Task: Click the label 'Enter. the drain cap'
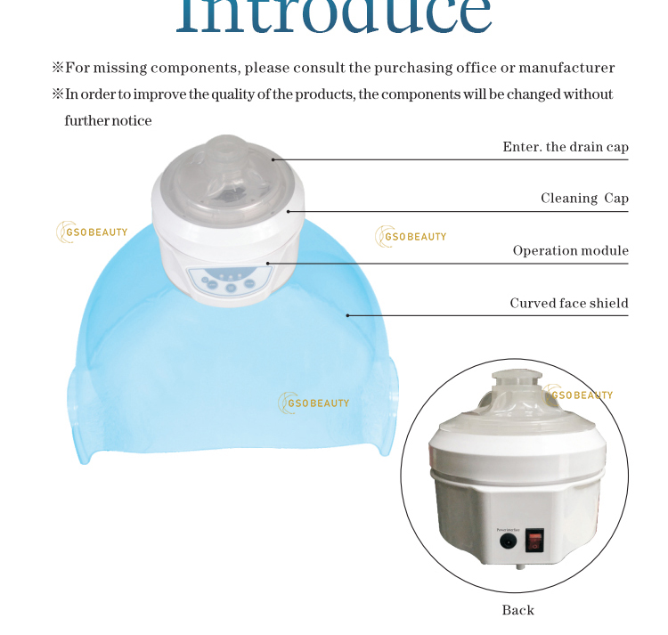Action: click(566, 147)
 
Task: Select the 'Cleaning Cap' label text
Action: click(584, 199)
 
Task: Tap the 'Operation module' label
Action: click(570, 251)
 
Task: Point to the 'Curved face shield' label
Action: click(569, 304)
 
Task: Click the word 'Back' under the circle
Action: click(517, 610)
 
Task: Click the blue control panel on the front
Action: click(228, 282)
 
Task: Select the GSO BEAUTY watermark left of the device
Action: click(93, 232)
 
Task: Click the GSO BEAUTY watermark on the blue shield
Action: click(314, 403)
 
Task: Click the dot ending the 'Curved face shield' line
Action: click(348, 314)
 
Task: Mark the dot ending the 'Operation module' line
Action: click(268, 264)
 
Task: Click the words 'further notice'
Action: click(108, 120)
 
